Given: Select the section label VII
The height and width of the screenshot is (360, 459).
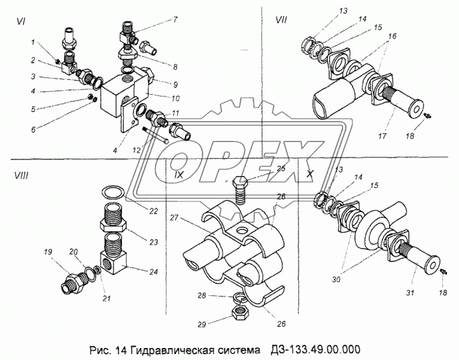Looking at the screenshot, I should pyautogui.click(x=282, y=21).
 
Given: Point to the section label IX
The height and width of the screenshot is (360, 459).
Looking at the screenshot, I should pyautogui.click(x=179, y=176).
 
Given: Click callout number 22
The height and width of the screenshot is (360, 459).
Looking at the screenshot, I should pyautogui.click(x=153, y=211).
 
